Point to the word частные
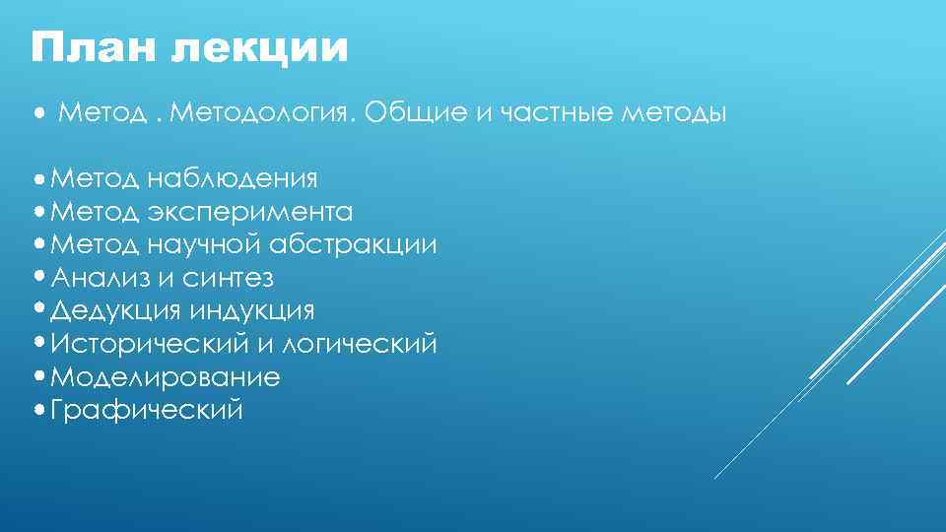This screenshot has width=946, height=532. tap(553, 115)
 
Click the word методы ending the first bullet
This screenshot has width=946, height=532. tap(675, 115)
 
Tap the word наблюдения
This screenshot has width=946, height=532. tap(233, 178)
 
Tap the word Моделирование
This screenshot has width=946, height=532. tap(166, 377)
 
